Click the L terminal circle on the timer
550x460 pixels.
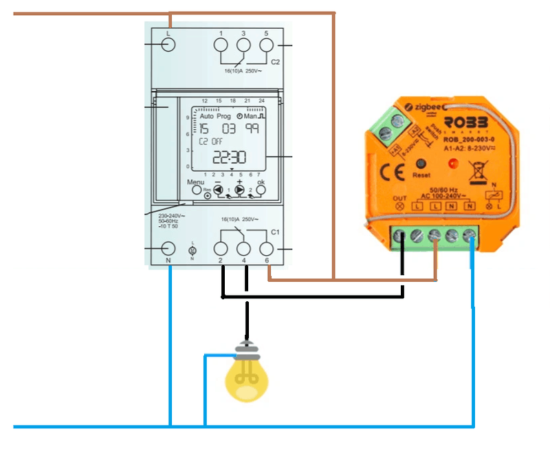point(168,45)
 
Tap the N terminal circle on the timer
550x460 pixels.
point(168,249)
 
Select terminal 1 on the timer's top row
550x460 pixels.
point(221,45)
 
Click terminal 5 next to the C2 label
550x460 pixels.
point(266,45)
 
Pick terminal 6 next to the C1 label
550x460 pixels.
point(267,249)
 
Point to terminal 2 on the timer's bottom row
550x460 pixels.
point(221,249)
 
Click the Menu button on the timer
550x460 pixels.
point(196,189)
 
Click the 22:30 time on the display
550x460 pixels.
point(229,157)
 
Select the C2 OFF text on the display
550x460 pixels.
point(211,141)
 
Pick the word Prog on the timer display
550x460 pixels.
point(224,116)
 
